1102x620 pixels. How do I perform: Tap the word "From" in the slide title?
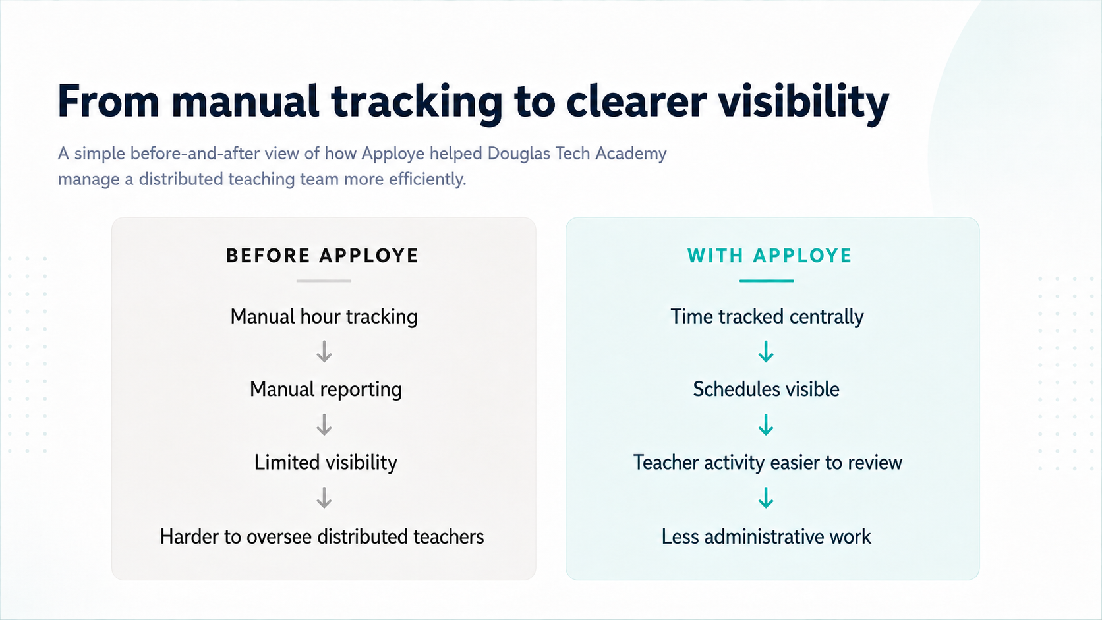[108, 101]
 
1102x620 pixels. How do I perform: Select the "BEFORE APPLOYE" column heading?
[322, 256]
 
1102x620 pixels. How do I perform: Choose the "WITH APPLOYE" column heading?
[769, 256]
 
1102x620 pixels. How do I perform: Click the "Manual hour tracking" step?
[324, 317]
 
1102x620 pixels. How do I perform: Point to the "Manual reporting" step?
[326, 389]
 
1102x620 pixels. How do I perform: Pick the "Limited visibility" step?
[326, 462]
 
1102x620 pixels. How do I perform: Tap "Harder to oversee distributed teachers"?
[322, 536]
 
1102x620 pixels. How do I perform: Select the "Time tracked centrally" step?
[767, 317]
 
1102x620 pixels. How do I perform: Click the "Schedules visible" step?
[766, 389]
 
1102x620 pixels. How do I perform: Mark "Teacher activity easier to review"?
[767, 463]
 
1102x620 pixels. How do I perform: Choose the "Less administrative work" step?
[766, 536]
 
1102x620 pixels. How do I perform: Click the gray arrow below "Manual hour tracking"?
[324, 352]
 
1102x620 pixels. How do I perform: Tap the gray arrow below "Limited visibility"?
[324, 497]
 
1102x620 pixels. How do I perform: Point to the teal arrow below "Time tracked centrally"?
[766, 352]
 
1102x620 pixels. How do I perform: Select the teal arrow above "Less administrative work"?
[766, 497]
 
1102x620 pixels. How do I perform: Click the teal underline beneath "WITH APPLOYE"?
[767, 281]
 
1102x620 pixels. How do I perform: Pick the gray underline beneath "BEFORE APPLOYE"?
[324, 281]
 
